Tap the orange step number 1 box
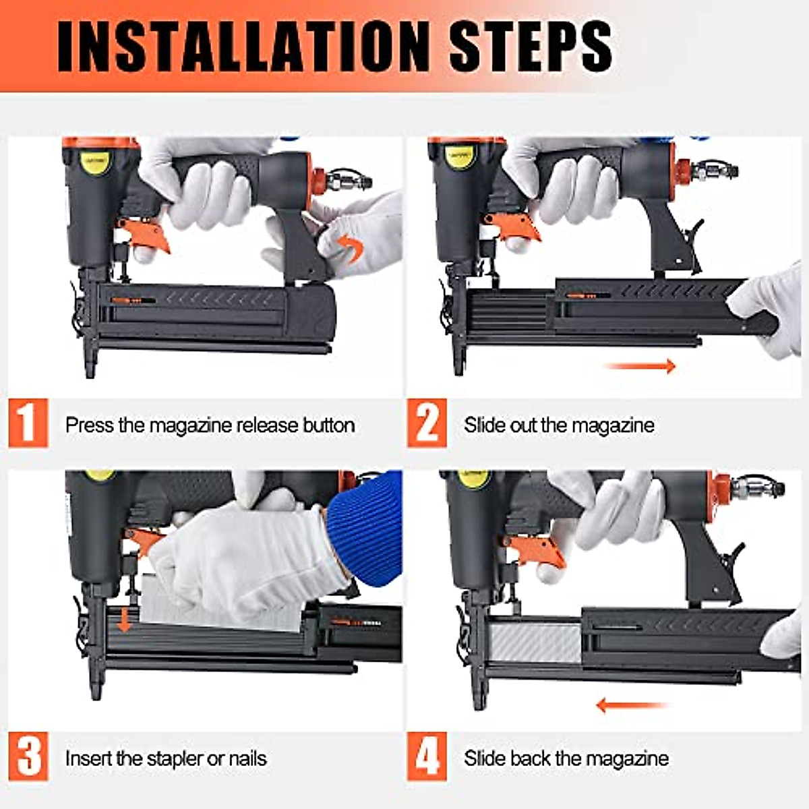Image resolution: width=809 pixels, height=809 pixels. click(28, 423)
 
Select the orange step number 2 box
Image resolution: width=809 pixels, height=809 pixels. click(427, 423)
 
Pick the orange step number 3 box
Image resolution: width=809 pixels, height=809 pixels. click(28, 757)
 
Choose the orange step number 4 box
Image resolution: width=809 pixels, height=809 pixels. click(427, 757)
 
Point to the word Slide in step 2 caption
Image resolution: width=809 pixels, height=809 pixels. click(485, 425)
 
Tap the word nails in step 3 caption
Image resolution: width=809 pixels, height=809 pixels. click(247, 758)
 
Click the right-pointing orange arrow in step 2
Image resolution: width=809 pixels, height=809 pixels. click(640, 366)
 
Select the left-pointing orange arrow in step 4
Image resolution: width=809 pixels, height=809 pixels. click(630, 706)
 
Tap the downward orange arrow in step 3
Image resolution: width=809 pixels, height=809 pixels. click(124, 619)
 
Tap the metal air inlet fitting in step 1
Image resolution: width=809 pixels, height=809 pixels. click(349, 181)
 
